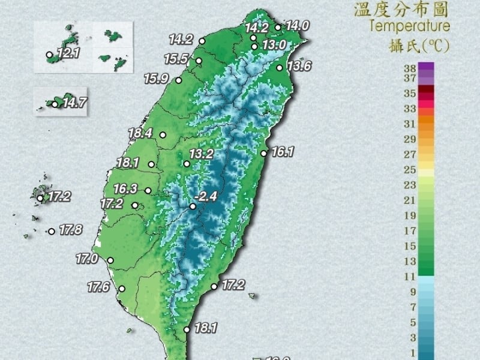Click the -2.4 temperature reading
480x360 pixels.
[x=208, y=196]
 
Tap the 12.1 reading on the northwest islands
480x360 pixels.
[x=68, y=53]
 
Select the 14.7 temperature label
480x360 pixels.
[x=74, y=103]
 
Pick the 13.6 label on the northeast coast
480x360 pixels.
[x=299, y=66]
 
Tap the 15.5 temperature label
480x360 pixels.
[x=176, y=59]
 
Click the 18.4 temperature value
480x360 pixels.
[x=140, y=133]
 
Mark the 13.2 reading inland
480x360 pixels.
[x=202, y=154]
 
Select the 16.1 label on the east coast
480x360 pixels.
[x=282, y=152]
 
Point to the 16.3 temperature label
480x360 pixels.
[x=126, y=189]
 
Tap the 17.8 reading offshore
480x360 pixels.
[x=70, y=229]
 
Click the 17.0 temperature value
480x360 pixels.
[x=87, y=259]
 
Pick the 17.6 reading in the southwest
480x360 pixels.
[x=98, y=287]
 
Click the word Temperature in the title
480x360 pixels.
[x=410, y=26]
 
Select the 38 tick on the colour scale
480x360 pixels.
[x=410, y=68]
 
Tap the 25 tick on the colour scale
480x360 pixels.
[x=410, y=169]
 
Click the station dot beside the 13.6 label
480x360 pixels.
[x=280, y=68]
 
